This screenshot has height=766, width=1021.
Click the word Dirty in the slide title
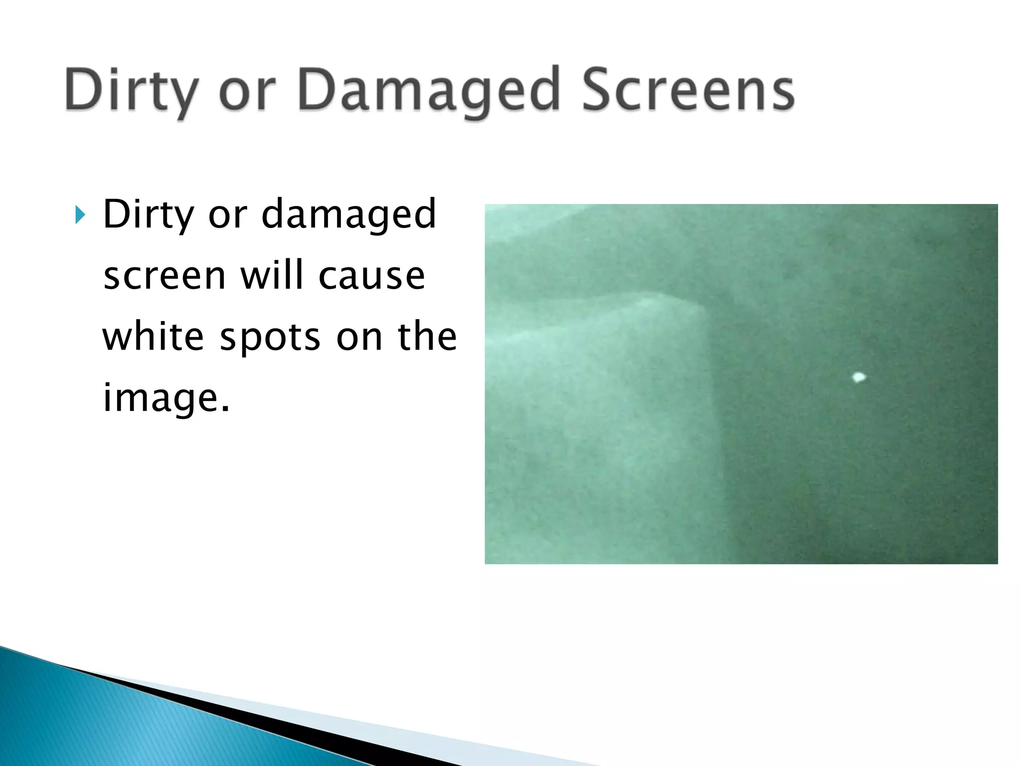coord(131,91)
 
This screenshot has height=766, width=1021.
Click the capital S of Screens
coord(600,90)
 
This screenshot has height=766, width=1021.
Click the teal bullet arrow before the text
coord(80,215)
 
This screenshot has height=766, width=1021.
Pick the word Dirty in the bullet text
coord(148,215)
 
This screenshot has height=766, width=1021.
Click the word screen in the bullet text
coord(164,276)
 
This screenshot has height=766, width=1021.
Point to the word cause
coord(371,276)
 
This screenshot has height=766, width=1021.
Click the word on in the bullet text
coord(358,338)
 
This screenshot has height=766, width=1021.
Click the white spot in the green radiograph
coord(858,378)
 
